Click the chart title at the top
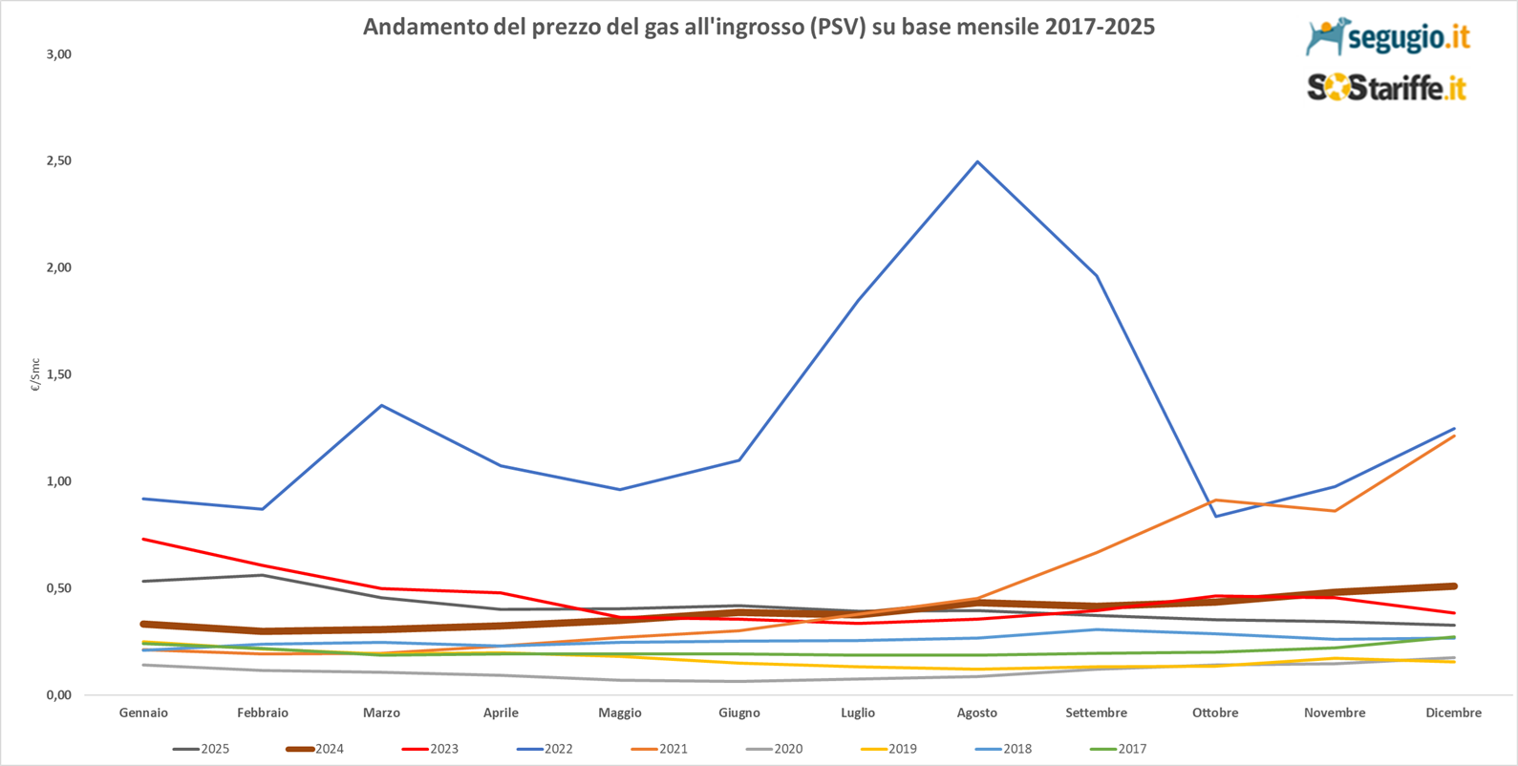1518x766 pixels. [759, 27]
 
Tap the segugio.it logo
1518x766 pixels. [1387, 37]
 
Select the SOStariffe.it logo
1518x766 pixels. [1386, 88]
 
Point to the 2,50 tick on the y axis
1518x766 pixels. [59, 160]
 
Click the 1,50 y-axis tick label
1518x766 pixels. [59, 374]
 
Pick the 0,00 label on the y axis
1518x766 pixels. [59, 694]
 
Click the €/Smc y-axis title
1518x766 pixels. [35, 375]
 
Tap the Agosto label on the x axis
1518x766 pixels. [976, 713]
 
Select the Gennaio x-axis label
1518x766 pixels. [143, 713]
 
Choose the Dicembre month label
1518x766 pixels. [1453, 713]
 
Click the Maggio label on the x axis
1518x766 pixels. [620, 713]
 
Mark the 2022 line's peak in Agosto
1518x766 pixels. [976, 161]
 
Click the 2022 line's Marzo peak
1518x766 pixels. [382, 405]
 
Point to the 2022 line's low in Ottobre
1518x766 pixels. [1215, 516]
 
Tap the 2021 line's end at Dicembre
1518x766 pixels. [1453, 436]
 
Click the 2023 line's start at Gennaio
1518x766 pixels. [143, 539]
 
